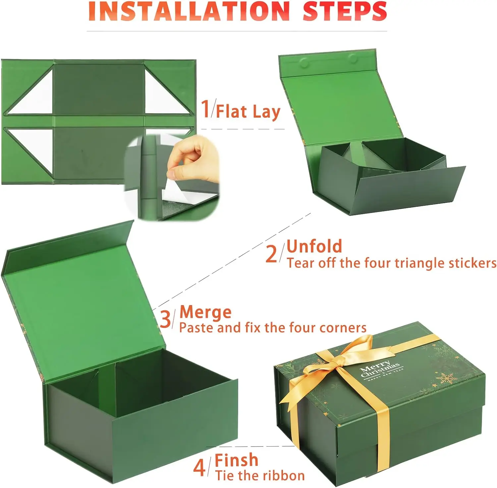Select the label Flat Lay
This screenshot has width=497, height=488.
[248, 112]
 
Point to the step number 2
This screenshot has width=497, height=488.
[271, 254]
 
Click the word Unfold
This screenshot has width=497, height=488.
[314, 246]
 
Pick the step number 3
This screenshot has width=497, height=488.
[165, 319]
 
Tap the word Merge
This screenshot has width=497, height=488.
[205, 312]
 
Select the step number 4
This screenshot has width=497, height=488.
[199, 467]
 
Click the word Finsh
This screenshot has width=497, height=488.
[236, 460]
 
